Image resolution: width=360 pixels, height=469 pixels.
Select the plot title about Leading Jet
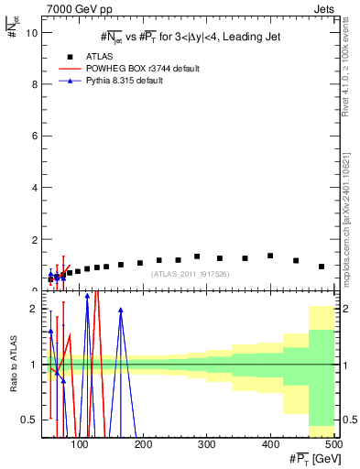coord(190,37)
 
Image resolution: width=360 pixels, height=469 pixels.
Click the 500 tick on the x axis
coord(333,444)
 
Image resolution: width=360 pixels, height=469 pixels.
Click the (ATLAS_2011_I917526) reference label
coord(190,273)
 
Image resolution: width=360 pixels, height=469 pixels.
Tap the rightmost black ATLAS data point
coord(322,267)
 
